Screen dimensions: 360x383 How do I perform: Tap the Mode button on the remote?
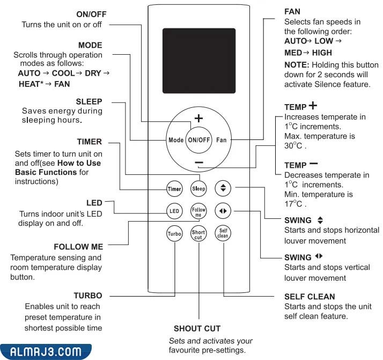pyautogui.click(x=176, y=139)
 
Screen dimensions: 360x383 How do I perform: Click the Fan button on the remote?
pyautogui.click(x=222, y=139)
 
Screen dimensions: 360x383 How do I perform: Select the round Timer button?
pyautogui.click(x=174, y=189)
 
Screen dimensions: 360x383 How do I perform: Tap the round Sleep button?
pyautogui.click(x=199, y=189)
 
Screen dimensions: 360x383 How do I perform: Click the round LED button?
pyautogui.click(x=174, y=211)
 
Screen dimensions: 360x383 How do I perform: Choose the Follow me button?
pyautogui.click(x=199, y=211)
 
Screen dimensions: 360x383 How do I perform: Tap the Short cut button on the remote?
pyautogui.click(x=199, y=234)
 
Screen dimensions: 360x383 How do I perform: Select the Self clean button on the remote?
pyautogui.click(x=223, y=234)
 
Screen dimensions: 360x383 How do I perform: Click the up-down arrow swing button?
pyautogui.click(x=223, y=188)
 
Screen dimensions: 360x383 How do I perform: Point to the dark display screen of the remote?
pyautogui.click(x=198, y=52)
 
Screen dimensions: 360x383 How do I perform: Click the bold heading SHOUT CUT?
pyautogui.click(x=197, y=328)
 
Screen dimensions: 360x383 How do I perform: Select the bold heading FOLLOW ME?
pyautogui.click(x=78, y=247)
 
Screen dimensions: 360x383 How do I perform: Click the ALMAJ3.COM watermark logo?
pyautogui.click(x=46, y=352)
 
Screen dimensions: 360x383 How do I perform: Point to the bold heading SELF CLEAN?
pyautogui.click(x=310, y=296)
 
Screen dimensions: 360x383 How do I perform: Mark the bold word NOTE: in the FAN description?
pyautogui.click(x=295, y=64)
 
